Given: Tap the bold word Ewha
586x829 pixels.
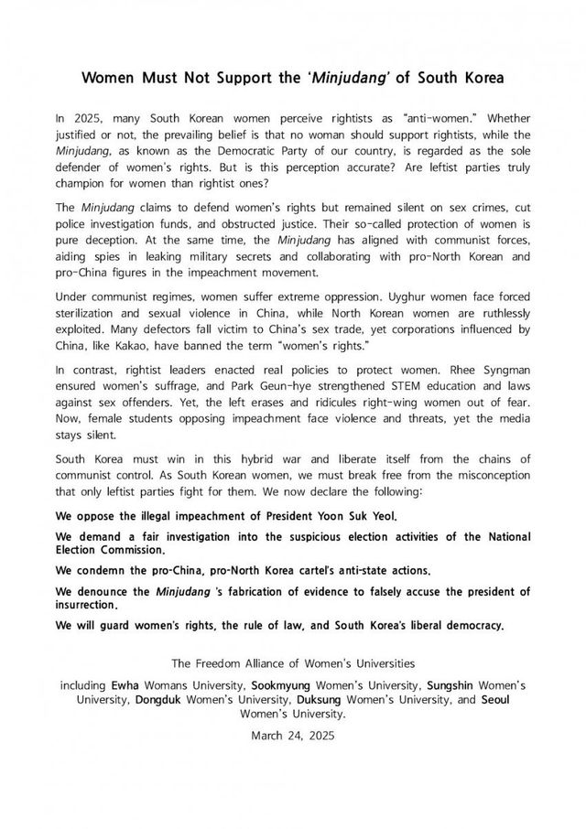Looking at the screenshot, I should (x=125, y=684).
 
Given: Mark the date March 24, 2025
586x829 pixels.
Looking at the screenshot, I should (x=292, y=734).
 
